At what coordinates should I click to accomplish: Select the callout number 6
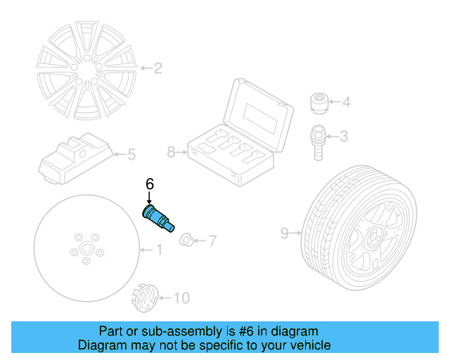(149, 184)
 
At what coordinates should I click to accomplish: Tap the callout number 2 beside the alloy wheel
(158, 68)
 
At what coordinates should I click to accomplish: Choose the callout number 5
(130, 154)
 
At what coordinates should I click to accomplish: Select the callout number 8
(171, 151)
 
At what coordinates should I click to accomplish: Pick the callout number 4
(345, 103)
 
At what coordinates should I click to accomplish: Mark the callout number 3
(344, 136)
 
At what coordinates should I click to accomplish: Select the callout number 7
(212, 241)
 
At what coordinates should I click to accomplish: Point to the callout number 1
(158, 249)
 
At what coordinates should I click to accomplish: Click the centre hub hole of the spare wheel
(85, 249)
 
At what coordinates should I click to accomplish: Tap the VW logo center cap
(145, 298)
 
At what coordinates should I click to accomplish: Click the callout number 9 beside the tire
(285, 233)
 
